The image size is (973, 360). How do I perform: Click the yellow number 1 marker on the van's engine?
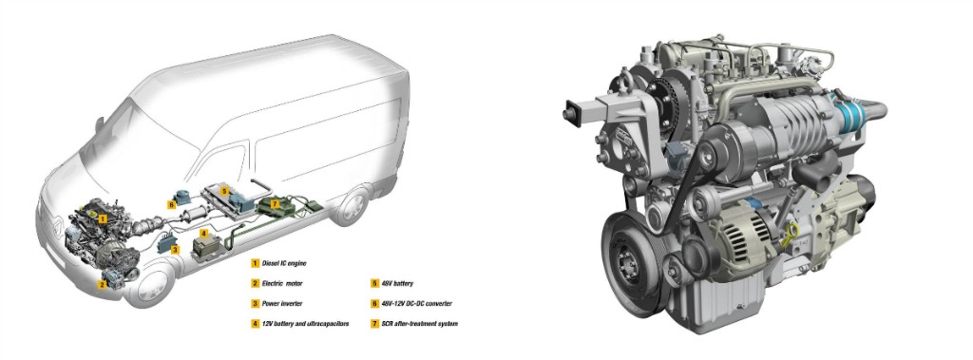(x=103, y=218)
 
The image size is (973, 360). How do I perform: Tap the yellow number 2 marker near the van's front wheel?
(x=103, y=284)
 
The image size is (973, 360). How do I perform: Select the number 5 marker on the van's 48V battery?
(x=224, y=191)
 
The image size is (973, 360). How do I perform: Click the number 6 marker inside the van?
(x=171, y=203)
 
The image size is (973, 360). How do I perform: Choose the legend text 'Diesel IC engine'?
(x=283, y=263)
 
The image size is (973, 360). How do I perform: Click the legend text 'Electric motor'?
(x=281, y=284)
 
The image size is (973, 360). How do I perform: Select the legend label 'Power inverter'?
(x=281, y=304)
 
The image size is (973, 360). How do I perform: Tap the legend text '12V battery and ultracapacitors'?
(x=305, y=323)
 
